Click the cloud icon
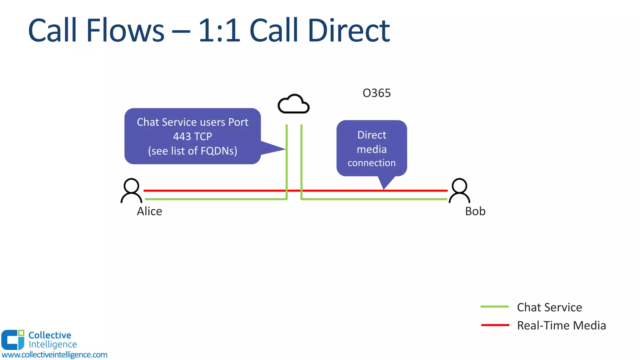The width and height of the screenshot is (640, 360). click(293, 104)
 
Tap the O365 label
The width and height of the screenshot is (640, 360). click(377, 93)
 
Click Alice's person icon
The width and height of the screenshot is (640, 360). click(131, 191)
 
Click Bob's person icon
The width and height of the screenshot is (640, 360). click(459, 191)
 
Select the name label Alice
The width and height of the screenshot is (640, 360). click(149, 212)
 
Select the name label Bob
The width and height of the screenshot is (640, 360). click(475, 212)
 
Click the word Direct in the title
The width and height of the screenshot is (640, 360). click(349, 31)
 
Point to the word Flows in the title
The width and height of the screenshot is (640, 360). click(125, 31)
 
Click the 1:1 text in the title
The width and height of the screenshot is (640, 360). click(219, 31)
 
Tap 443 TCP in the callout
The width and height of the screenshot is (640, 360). click(192, 137)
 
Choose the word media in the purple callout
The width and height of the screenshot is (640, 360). click(372, 149)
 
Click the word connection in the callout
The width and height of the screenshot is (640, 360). click(372, 163)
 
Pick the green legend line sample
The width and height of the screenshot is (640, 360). click(495, 307)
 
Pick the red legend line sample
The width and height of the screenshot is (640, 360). click(495, 325)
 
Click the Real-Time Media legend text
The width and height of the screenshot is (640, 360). click(561, 326)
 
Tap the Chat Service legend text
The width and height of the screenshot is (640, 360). click(549, 307)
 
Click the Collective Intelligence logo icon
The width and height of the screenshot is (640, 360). click(12, 340)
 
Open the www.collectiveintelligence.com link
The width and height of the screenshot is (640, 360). click(54, 355)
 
